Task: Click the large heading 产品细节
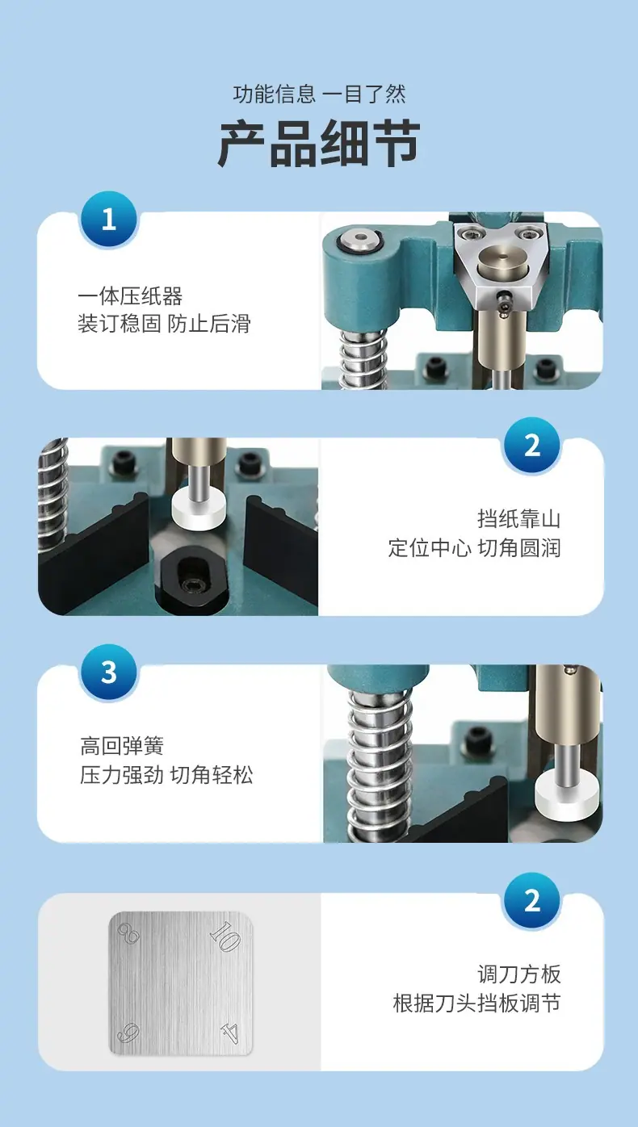point(320,143)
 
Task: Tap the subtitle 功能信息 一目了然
point(320,94)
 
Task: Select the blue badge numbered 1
point(109,220)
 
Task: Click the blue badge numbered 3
point(109,672)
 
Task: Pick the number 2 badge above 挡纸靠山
point(532,446)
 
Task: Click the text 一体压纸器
point(130,295)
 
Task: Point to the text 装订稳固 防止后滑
point(164,324)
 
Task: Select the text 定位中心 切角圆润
point(474,548)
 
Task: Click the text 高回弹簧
point(122,746)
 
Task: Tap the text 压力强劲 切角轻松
point(166,775)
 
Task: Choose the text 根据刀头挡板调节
point(476,1003)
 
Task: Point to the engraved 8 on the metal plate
point(128,935)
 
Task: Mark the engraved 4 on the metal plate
point(230,1032)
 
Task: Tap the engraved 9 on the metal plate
point(128,1033)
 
